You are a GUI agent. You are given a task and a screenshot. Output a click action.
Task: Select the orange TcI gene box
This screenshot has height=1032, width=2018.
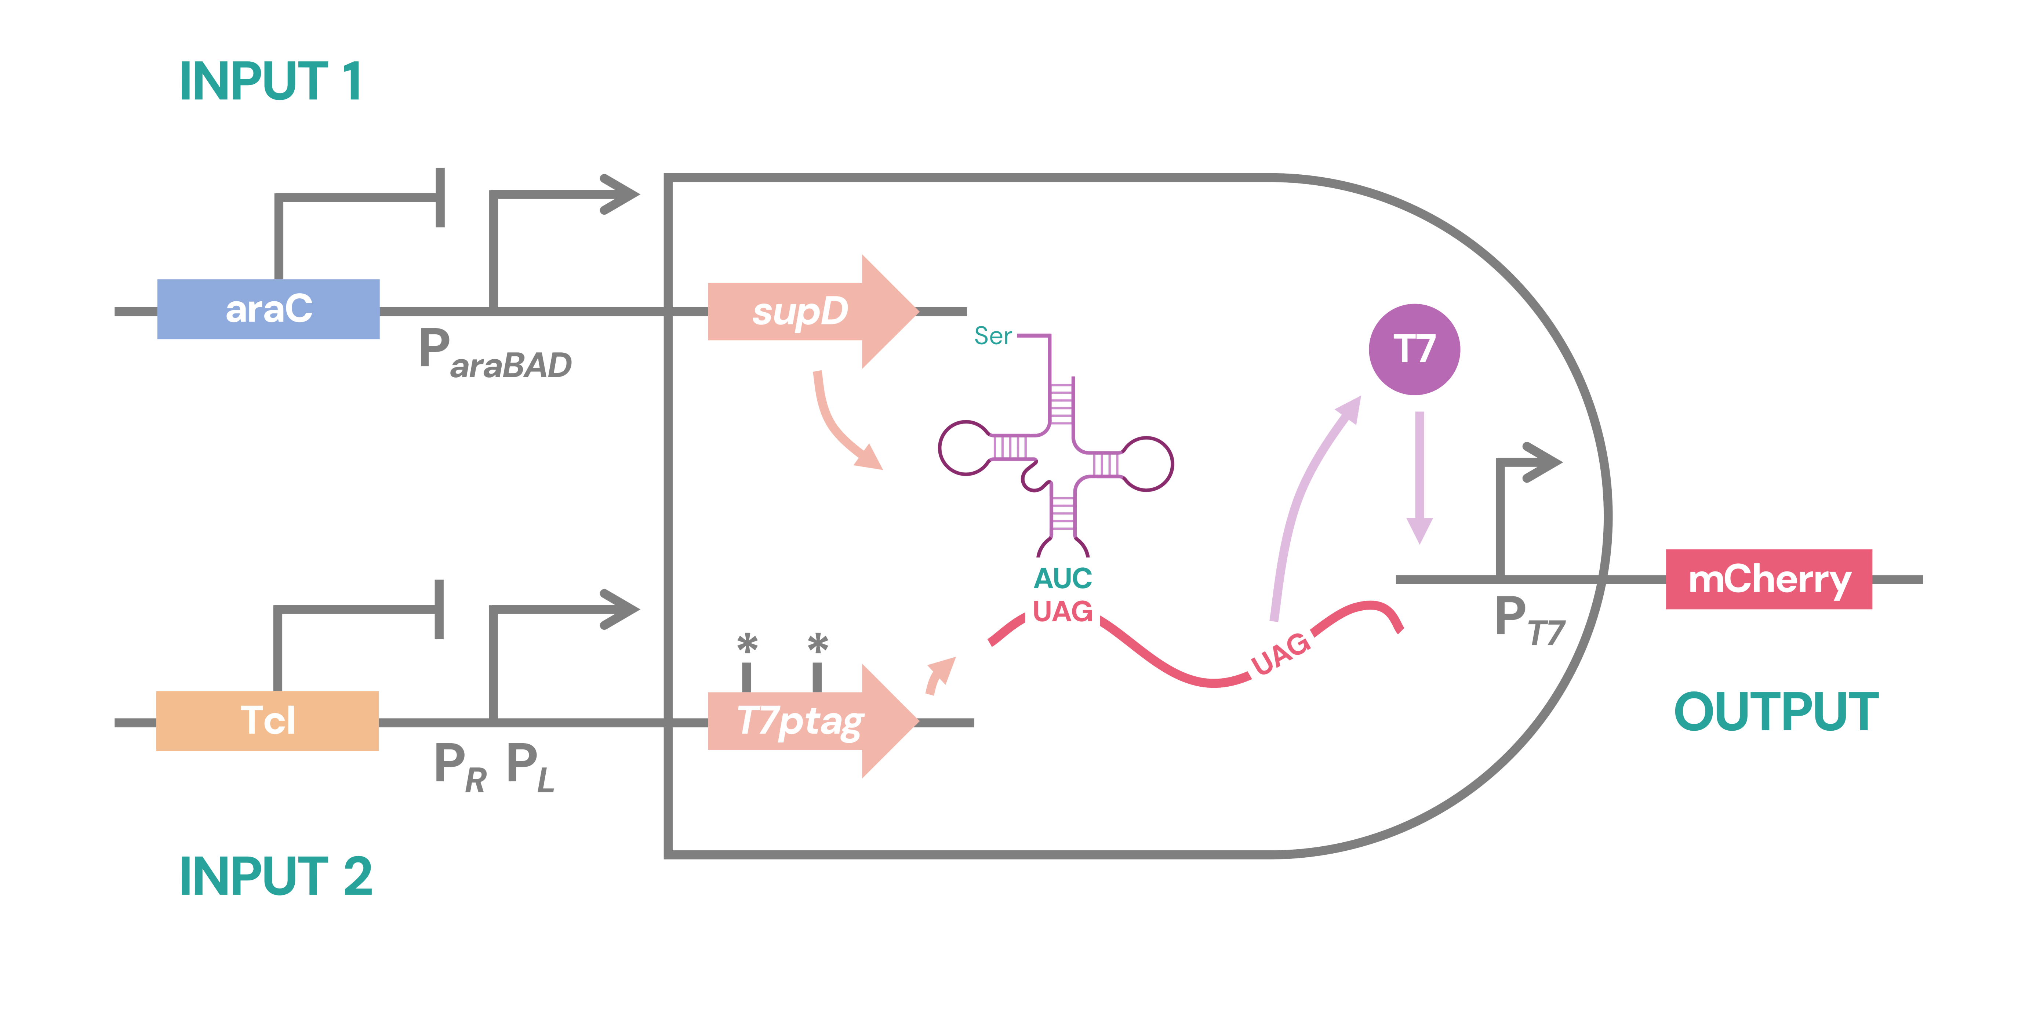pos(267,721)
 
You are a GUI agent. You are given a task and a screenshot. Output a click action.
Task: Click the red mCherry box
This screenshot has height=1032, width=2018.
pos(1769,579)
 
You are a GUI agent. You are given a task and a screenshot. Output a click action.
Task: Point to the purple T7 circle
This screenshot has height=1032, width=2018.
pos(1414,349)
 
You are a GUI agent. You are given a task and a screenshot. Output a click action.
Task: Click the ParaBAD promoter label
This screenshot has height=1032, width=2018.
pos(495,354)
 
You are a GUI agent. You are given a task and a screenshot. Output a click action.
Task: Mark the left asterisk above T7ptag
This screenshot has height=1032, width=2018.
pos(748,644)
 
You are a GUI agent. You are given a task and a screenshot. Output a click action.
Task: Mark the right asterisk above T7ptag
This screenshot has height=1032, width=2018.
pos(818,644)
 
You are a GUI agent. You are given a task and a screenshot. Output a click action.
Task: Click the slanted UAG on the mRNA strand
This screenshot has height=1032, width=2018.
pos(1280,654)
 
